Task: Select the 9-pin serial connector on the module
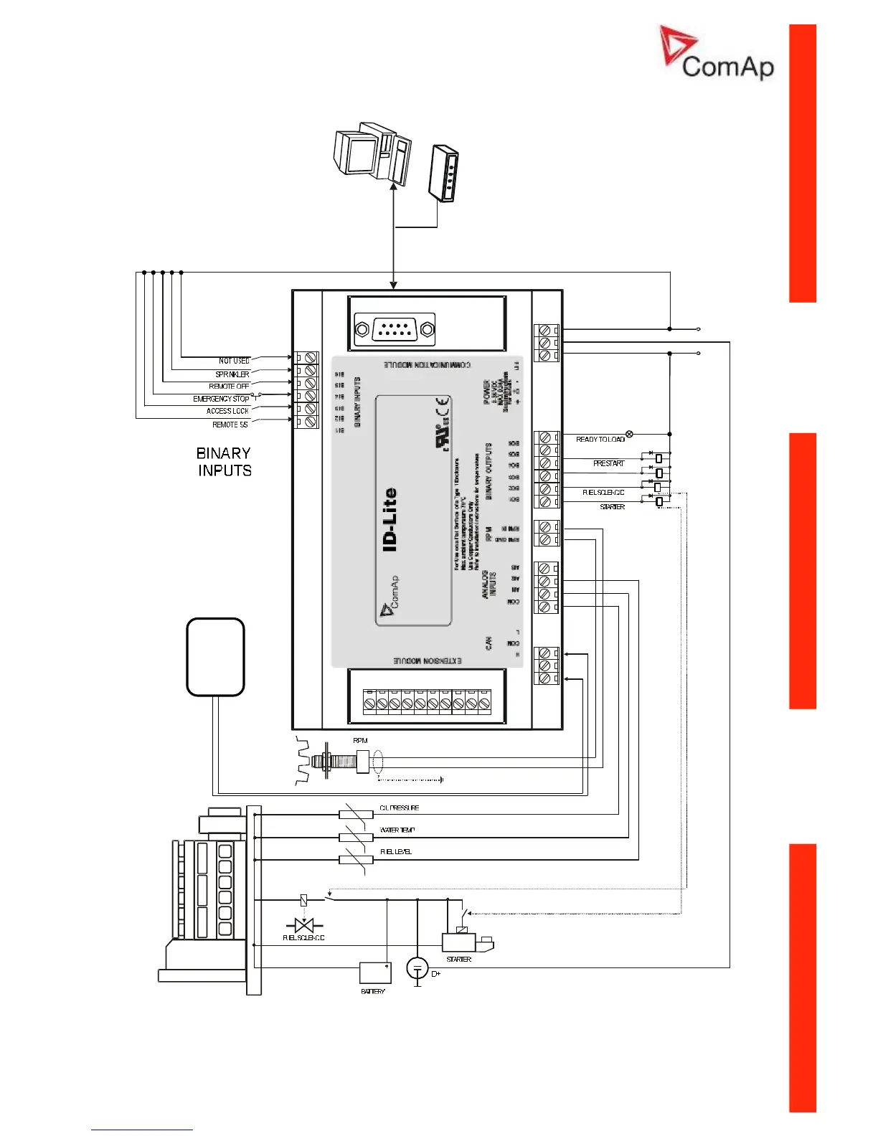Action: coord(395,330)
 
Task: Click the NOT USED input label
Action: coord(234,361)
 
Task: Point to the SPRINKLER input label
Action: coord(232,374)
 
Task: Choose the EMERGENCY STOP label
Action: coord(221,399)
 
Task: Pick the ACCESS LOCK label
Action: coord(227,411)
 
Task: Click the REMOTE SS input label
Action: coord(230,425)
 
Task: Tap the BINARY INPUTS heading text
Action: coord(224,462)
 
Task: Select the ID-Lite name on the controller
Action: coord(390,519)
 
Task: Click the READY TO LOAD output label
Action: coord(600,439)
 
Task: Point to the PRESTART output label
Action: coord(608,463)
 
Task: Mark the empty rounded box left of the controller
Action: coord(215,657)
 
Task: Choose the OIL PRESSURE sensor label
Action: coord(399,808)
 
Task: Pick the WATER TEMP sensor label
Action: coord(397,830)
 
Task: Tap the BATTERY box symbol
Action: coord(375,973)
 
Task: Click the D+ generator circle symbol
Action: coord(417,968)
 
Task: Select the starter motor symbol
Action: coord(466,941)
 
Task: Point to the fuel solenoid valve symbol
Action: coord(304,925)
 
